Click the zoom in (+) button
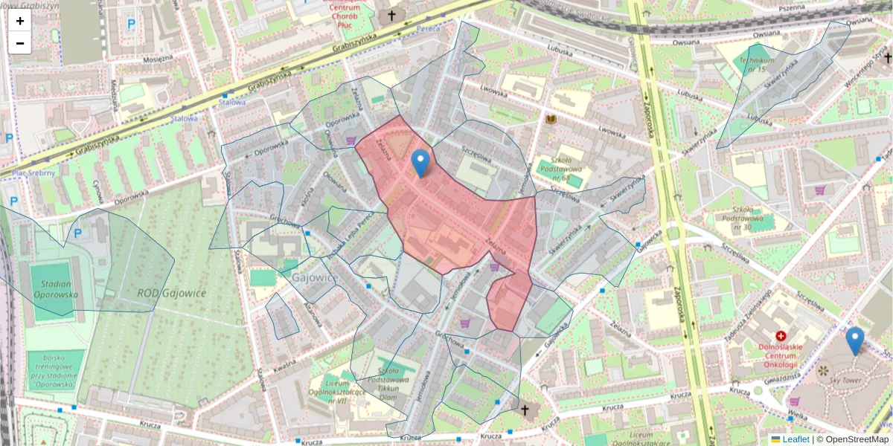20,21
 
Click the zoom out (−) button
20,43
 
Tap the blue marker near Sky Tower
855,340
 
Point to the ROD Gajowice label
172,293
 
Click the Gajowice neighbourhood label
316,277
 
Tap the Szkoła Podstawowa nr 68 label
560,169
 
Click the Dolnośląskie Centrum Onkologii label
781,355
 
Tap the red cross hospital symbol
781,337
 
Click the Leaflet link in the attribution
795,439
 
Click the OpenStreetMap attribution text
852,439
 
